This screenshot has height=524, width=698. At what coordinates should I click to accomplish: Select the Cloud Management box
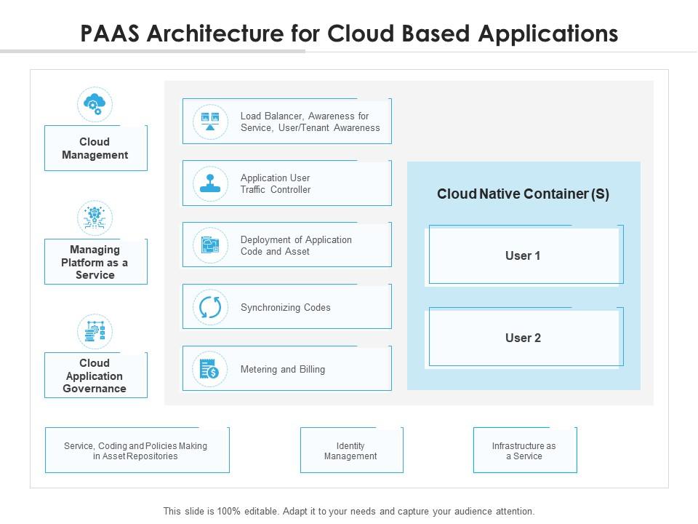tap(95, 148)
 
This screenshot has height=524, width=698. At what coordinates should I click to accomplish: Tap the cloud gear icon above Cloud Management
tap(95, 105)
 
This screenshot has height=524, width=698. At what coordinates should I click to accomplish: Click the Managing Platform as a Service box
tap(95, 262)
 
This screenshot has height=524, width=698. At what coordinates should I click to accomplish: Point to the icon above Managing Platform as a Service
tap(95, 218)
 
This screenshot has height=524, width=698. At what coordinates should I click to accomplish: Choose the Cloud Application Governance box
tap(95, 376)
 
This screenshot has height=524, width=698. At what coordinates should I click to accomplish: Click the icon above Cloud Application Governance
tap(95, 332)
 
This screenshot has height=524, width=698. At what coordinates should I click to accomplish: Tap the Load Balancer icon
tap(210, 122)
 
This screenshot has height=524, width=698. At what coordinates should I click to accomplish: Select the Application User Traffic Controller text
tap(276, 183)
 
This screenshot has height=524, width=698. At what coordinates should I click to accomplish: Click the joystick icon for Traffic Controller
tap(210, 183)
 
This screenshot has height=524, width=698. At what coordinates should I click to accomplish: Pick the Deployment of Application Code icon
tap(210, 245)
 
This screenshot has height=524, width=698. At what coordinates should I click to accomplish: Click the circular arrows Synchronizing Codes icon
tap(210, 307)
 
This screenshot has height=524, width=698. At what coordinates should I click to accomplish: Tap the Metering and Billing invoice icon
tap(210, 369)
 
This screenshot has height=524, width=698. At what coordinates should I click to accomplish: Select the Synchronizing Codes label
tap(285, 307)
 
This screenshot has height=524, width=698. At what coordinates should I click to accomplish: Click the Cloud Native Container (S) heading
tap(523, 194)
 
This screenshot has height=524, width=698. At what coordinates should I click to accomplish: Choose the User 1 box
tap(523, 255)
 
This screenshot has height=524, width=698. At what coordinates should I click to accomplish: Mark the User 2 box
tap(523, 338)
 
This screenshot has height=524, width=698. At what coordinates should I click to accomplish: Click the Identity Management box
tap(351, 450)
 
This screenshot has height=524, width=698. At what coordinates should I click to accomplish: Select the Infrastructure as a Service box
tap(524, 450)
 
